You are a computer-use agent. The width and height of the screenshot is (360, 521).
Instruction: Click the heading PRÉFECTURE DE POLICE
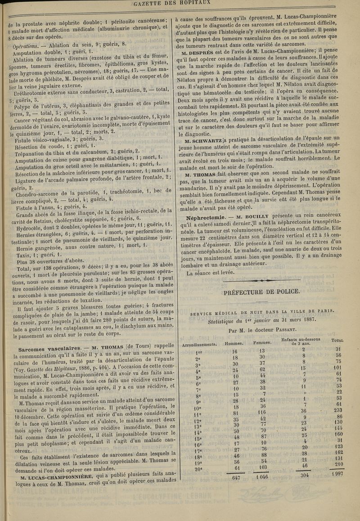coord(261,292)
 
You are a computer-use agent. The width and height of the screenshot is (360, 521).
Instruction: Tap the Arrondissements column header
coord(200,344)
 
